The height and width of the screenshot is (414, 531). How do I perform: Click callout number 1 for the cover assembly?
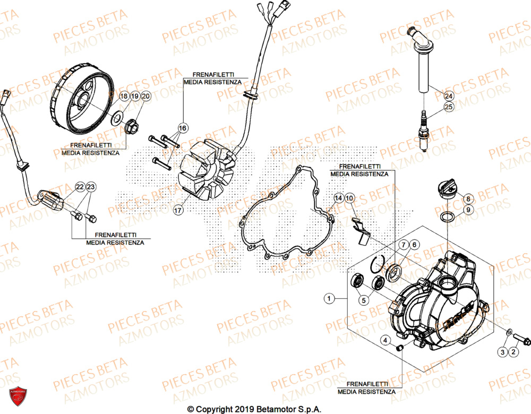[329, 299]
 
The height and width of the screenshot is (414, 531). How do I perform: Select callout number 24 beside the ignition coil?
[449, 96]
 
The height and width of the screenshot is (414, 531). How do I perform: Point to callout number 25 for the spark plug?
[449, 107]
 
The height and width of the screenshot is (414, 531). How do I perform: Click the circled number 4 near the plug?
[384, 340]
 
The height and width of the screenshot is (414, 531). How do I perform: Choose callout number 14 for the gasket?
[338, 199]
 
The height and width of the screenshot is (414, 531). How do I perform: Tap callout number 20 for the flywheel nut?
[146, 96]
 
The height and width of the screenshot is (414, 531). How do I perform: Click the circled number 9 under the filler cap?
[468, 210]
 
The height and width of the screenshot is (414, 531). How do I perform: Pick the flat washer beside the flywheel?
[117, 117]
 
